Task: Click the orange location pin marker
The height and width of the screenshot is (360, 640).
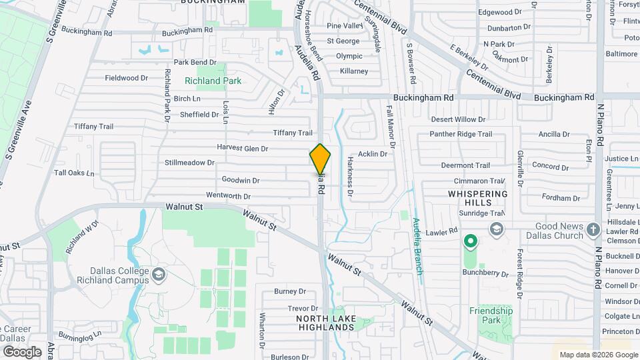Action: (x=320, y=159)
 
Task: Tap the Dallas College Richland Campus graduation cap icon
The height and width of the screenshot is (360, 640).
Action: (x=159, y=274)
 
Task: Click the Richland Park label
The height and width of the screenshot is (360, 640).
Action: (x=213, y=81)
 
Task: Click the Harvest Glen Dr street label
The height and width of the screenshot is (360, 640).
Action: (x=242, y=148)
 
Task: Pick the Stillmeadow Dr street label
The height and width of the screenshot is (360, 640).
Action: (x=190, y=163)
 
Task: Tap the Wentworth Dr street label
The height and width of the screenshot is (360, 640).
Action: (x=228, y=197)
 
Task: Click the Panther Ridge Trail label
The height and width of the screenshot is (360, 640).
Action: (x=461, y=134)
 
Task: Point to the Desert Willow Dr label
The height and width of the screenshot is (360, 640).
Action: (x=458, y=119)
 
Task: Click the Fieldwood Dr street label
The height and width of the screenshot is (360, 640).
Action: (x=126, y=78)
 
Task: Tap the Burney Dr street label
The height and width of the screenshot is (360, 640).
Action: (x=289, y=291)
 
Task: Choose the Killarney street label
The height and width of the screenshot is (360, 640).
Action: (x=354, y=71)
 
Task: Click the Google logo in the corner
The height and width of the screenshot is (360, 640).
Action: (x=21, y=351)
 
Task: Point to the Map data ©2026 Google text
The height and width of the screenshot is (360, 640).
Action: (x=598, y=355)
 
